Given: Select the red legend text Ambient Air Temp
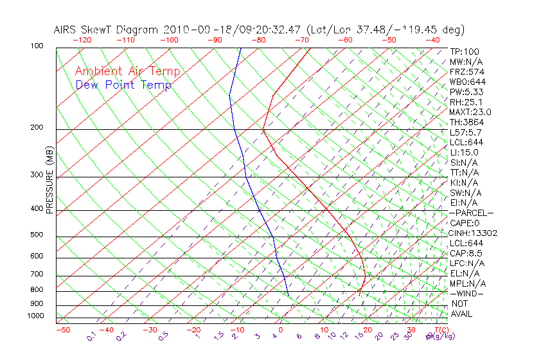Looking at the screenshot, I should pyautogui.click(x=127, y=71).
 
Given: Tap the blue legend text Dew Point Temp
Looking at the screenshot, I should pyautogui.click(x=123, y=85).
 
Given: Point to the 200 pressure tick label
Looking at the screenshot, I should pyautogui.click(x=37, y=127).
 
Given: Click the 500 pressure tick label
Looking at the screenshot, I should pyautogui.click(x=37, y=235).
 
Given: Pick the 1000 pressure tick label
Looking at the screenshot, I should pyautogui.click(x=35, y=316).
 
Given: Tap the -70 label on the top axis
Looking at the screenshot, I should pyautogui.click(x=301, y=40).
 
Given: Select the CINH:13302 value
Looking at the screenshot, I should pyautogui.click(x=474, y=233).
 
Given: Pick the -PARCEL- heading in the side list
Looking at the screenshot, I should pyautogui.click(x=471, y=213).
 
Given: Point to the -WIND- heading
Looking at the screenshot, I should pyautogui.click(x=467, y=293).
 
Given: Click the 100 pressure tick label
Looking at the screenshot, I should pyautogui.click(x=37, y=46).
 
